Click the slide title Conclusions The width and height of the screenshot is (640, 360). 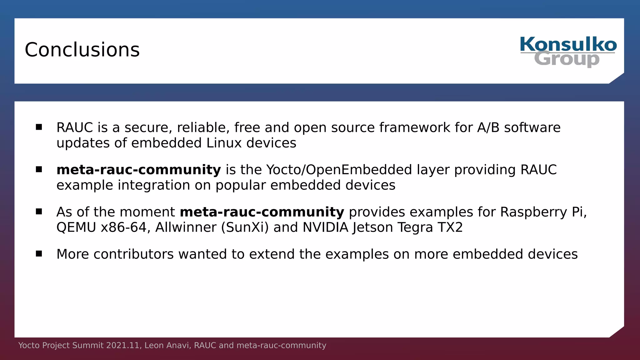point(82,50)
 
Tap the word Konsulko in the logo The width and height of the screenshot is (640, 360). point(568,45)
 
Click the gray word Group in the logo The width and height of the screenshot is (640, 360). point(567,59)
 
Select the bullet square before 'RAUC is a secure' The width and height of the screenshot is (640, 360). point(39,127)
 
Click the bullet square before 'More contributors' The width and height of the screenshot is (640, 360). point(39,253)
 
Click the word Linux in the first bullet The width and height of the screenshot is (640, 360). point(224,143)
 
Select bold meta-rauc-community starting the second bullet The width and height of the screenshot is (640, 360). point(138,170)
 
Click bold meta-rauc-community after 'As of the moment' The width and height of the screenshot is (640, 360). point(262,212)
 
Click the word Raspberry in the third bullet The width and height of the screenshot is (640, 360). point(533,212)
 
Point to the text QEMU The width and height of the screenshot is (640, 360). point(76,227)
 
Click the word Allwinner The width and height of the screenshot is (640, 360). point(186,227)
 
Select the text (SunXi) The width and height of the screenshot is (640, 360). point(245,227)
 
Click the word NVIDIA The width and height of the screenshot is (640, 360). point(325,227)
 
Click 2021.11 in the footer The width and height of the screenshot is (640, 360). point(122,345)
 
